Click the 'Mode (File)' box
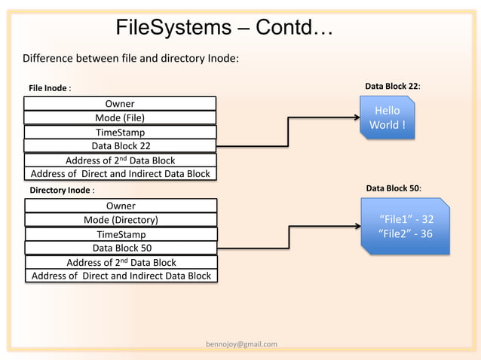pos(120,117)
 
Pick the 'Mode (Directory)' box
pos(121,220)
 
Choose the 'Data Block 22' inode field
pos(121,146)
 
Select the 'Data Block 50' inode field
pos(121,248)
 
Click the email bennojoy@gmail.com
pos(241,344)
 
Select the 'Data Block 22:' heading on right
pos(392,87)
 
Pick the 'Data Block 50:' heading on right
pos(393,188)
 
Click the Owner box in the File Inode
pos(120,103)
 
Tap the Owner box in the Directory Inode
pos(121,206)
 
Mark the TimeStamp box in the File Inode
pos(120,132)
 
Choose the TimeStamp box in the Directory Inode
pos(121,234)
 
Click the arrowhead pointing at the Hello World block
pos(356,117)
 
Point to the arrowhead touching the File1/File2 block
pos(357,226)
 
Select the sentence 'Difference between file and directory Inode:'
pos(130,59)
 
